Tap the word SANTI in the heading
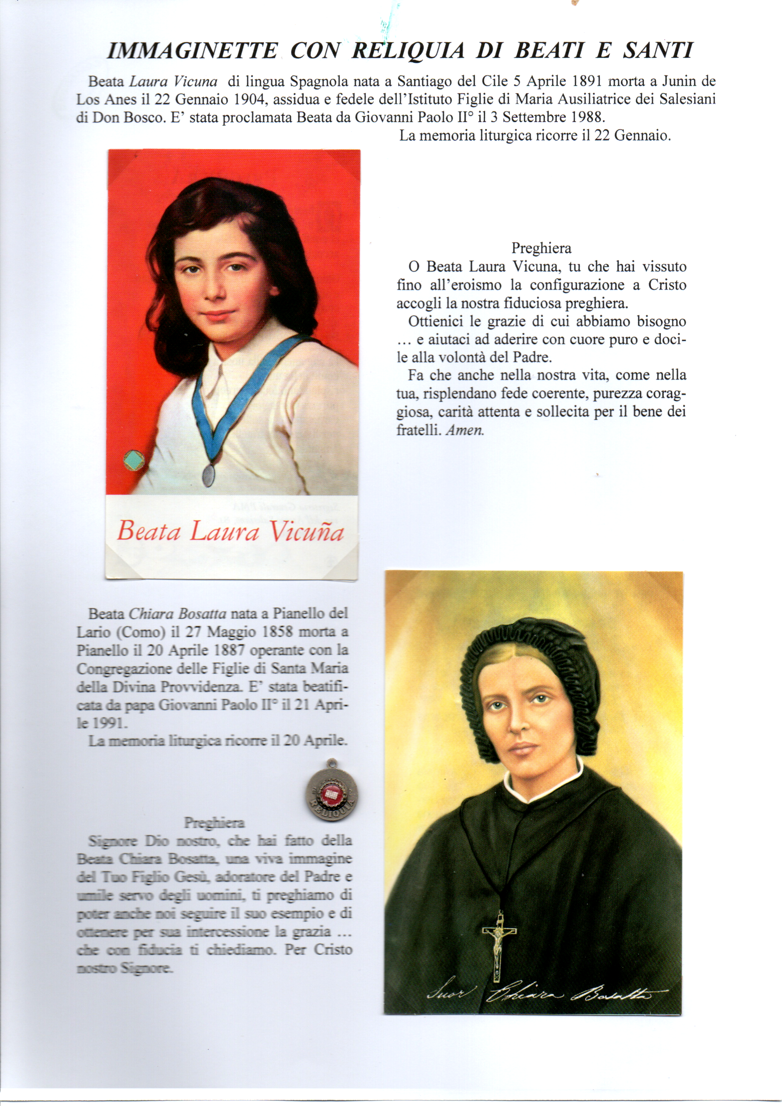click(658, 51)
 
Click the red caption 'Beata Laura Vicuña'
click(230, 531)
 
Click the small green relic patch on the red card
click(134, 461)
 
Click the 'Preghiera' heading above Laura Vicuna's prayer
click(541, 248)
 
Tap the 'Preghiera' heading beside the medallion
click(214, 823)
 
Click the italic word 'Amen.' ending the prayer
click(465, 430)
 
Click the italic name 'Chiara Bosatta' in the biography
click(178, 614)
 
